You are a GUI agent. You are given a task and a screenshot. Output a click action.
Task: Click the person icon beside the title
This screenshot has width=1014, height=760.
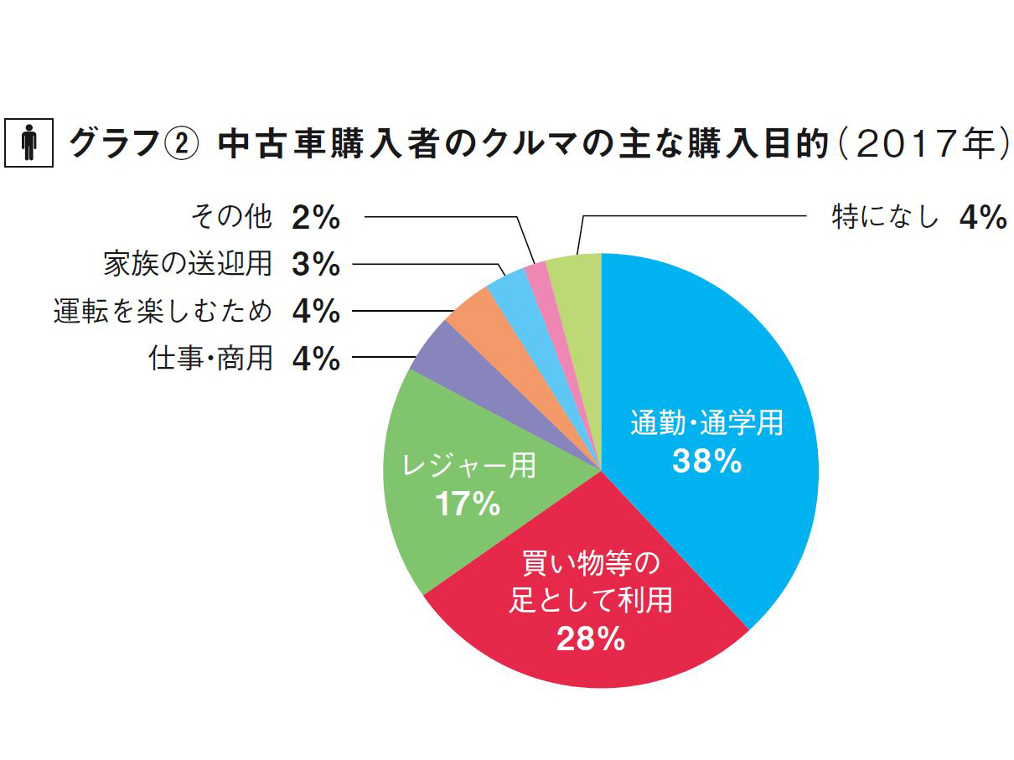coord(29,143)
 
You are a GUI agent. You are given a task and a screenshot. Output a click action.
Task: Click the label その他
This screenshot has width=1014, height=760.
coord(231,218)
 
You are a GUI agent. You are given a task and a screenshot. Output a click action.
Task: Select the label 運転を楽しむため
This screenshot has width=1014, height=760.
coord(163,312)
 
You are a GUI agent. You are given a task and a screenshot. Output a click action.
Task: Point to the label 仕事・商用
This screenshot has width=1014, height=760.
coord(211,359)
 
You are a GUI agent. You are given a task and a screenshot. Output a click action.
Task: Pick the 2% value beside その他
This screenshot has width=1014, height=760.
coord(316,219)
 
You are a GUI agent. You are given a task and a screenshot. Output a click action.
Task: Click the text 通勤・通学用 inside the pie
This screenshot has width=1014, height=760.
coord(706,424)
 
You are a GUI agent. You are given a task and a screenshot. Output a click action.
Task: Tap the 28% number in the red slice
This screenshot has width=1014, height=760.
coord(590,639)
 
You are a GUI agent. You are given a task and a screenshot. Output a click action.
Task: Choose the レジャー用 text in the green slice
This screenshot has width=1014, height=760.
coord(468,466)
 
